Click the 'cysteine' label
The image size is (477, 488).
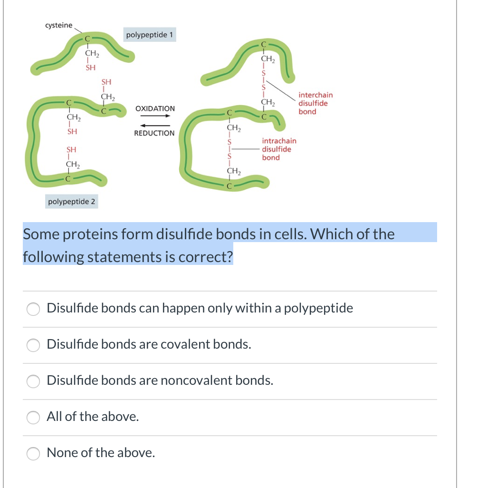pyautogui.click(x=58, y=25)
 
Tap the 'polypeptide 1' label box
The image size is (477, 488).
pyautogui.click(x=150, y=35)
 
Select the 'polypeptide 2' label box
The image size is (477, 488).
pyautogui.click(x=72, y=202)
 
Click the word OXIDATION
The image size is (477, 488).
pyautogui.click(x=155, y=108)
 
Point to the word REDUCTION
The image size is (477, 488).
pyautogui.click(x=154, y=133)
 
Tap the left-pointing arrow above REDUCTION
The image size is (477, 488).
pyautogui.click(x=154, y=126)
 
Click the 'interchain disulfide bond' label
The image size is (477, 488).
pyautogui.click(x=315, y=103)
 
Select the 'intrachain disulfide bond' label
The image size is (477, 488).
pyautogui.click(x=279, y=149)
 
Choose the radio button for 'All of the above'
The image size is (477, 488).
pyautogui.click(x=33, y=417)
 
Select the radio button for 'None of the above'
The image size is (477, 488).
pyautogui.click(x=33, y=453)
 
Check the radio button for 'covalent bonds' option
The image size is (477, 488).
pyautogui.click(x=33, y=345)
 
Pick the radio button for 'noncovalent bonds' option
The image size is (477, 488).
pyautogui.click(x=33, y=381)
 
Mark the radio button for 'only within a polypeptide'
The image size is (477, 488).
pyautogui.click(x=33, y=309)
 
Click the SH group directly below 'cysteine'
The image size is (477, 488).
pyautogui.click(x=90, y=68)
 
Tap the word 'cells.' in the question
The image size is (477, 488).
pyautogui.click(x=286, y=234)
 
